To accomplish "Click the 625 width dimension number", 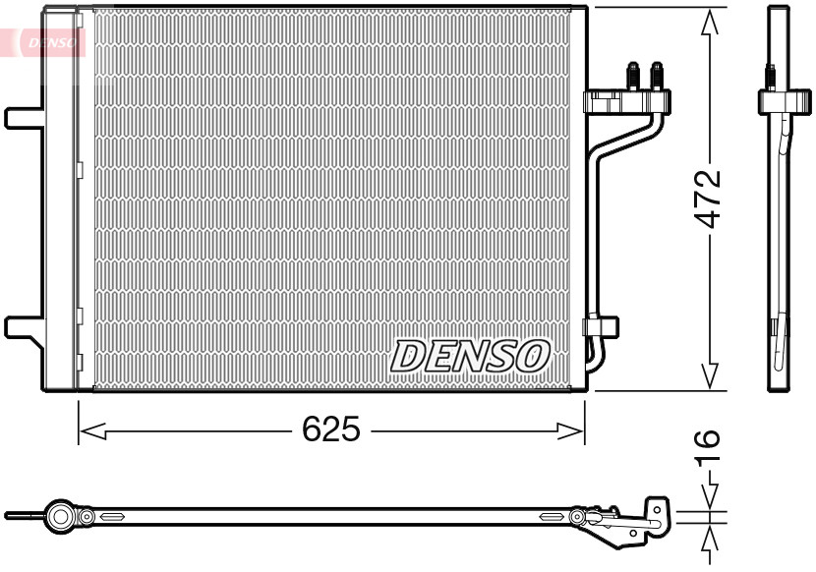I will click(x=331, y=429).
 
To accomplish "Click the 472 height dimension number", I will click(x=709, y=200).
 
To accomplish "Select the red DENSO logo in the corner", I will click(x=43, y=41).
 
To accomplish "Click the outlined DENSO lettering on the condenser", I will click(x=471, y=356).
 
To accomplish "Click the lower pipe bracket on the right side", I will click(x=600, y=325).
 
